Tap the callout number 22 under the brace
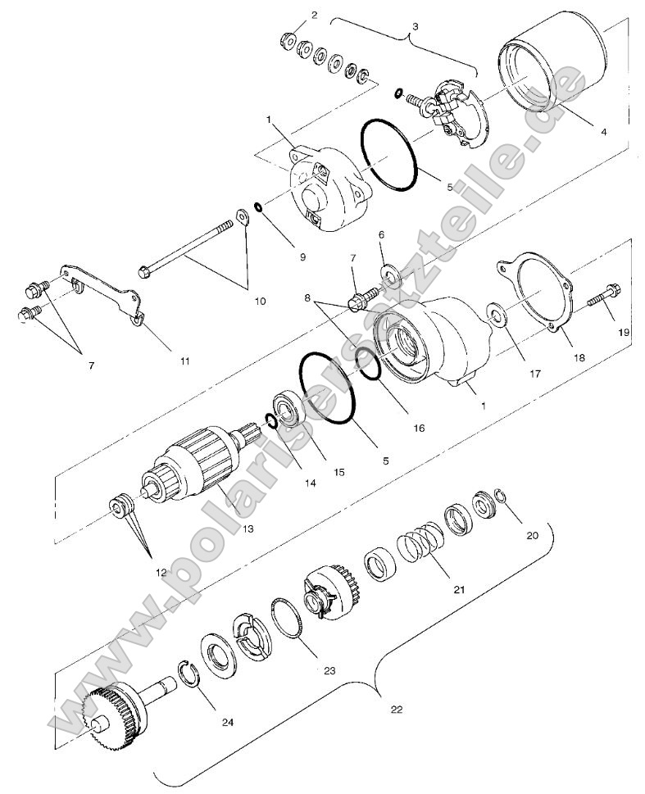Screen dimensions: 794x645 click(x=397, y=710)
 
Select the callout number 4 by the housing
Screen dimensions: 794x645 click(x=603, y=130)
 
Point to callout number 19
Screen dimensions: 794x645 click(x=625, y=333)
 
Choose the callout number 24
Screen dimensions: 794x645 click(x=227, y=722)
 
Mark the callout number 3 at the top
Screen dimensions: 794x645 click(x=415, y=26)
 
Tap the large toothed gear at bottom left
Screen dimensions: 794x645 click(x=111, y=712)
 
